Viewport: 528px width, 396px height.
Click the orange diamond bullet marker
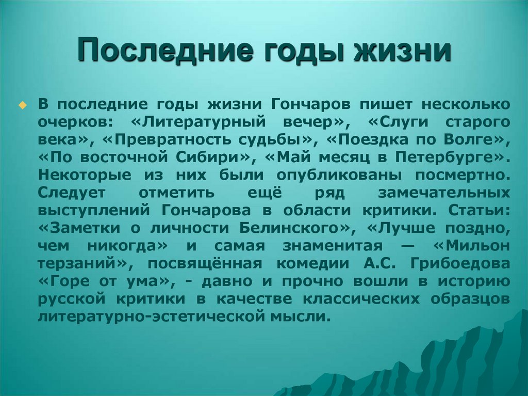21,105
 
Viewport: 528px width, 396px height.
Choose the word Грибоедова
460,263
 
